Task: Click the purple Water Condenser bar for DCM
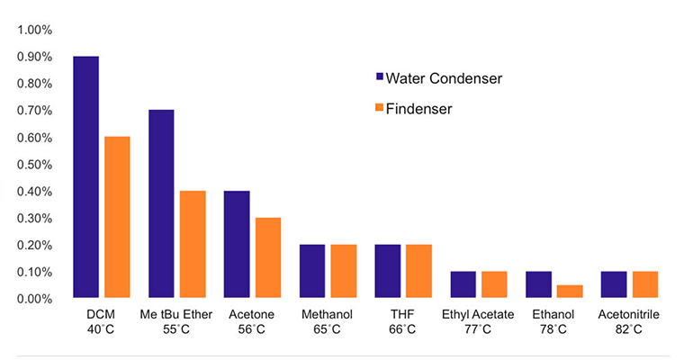pyautogui.click(x=86, y=176)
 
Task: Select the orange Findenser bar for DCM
pyautogui.click(x=117, y=217)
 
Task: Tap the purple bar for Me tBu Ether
pyautogui.click(x=161, y=203)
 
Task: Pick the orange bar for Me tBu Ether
pyautogui.click(x=193, y=244)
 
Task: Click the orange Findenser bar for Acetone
pyautogui.click(x=268, y=257)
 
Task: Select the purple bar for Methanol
pyautogui.click(x=312, y=271)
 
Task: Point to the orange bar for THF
pyautogui.click(x=418, y=271)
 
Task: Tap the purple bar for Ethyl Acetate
pyautogui.click(x=463, y=284)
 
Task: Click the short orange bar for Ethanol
pyautogui.click(x=570, y=291)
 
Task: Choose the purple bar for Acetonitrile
pyautogui.click(x=614, y=284)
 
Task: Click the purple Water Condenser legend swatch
pyautogui.click(x=379, y=78)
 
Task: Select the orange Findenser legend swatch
pyautogui.click(x=379, y=110)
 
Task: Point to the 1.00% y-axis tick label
pyautogui.click(x=35, y=30)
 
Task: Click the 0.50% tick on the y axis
pyautogui.click(x=35, y=165)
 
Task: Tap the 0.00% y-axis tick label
pyautogui.click(x=35, y=299)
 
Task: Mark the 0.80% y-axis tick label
pyautogui.click(x=35, y=84)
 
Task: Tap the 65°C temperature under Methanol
pyautogui.click(x=328, y=330)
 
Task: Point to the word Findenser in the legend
pyautogui.click(x=418, y=110)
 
